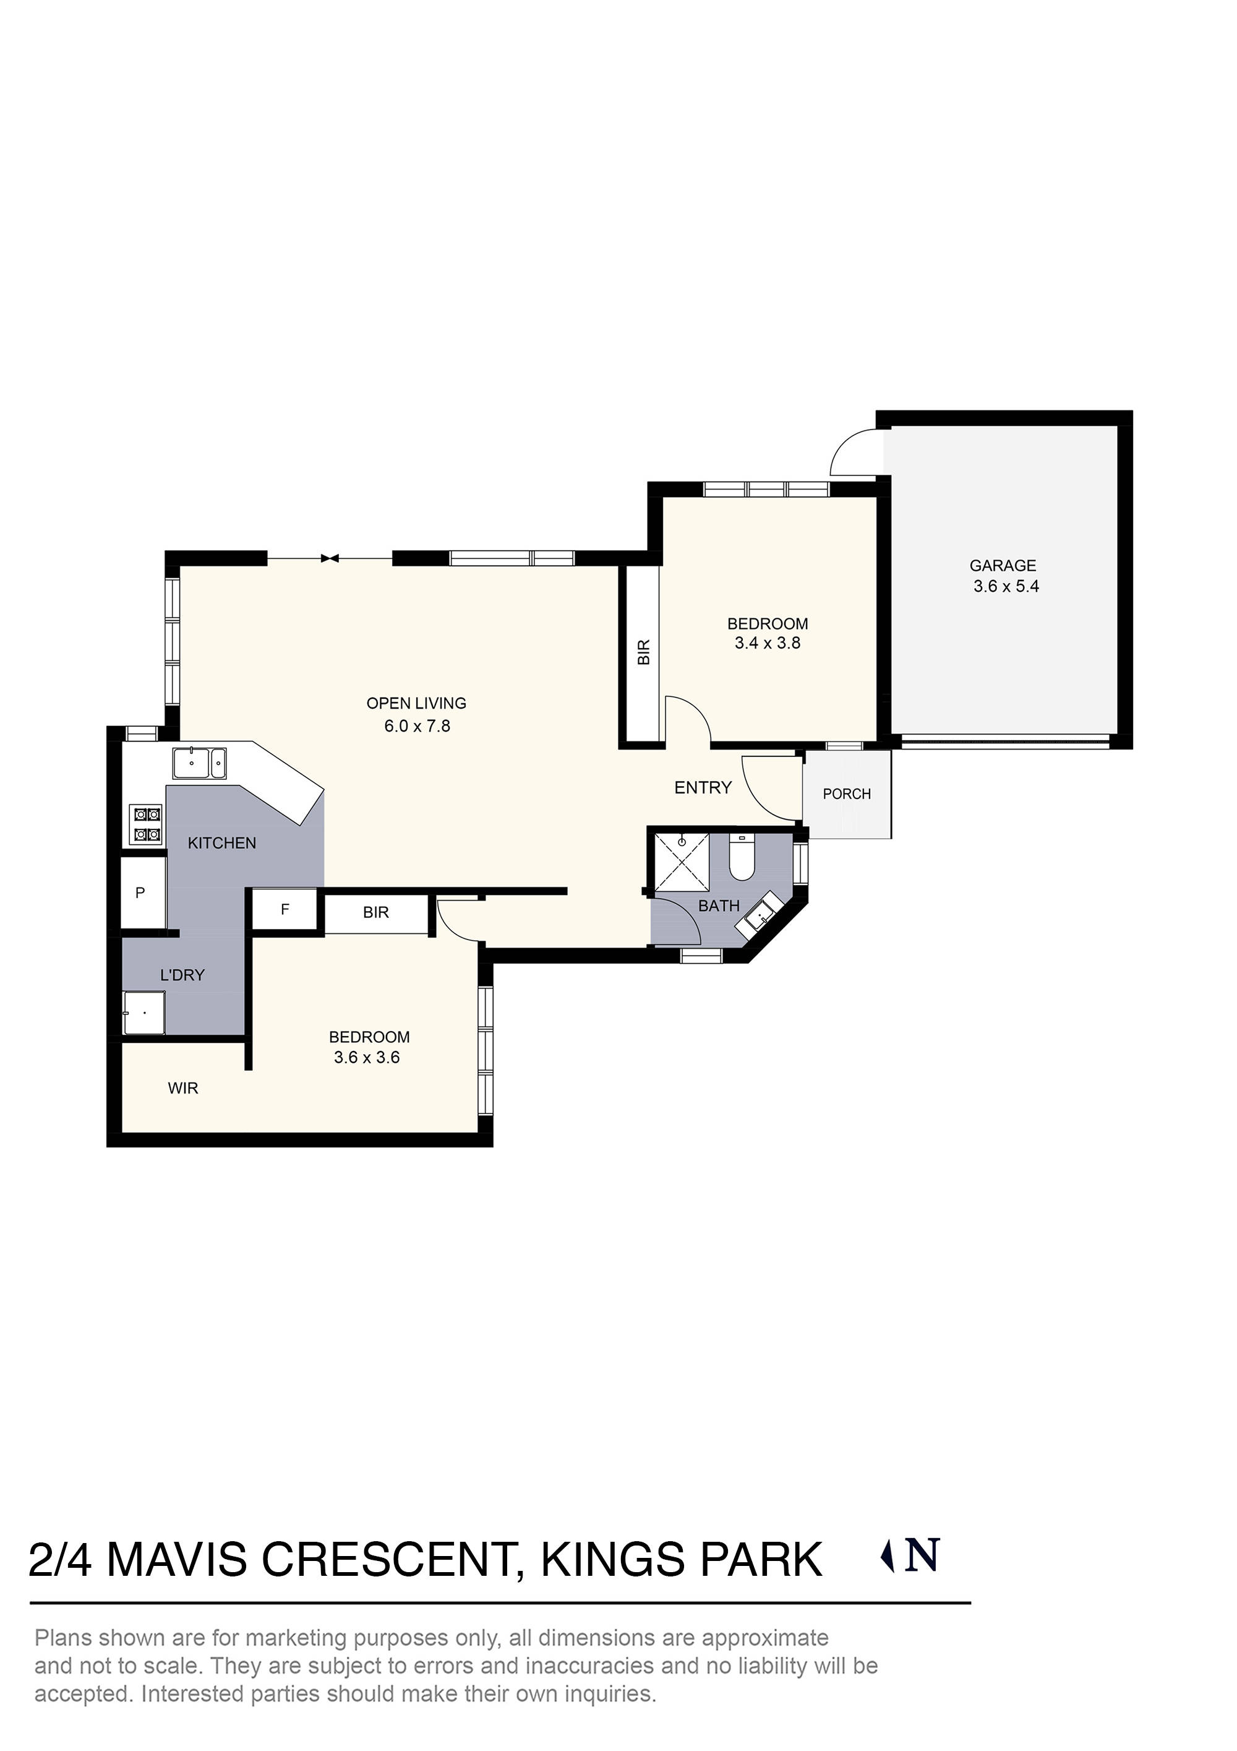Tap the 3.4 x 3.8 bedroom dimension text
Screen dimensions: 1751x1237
(x=767, y=643)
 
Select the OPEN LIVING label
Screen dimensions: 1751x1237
(x=416, y=703)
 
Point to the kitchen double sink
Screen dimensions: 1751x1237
(x=199, y=763)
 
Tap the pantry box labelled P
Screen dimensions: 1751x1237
(x=141, y=893)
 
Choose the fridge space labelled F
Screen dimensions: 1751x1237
(x=285, y=909)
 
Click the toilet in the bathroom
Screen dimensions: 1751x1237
(x=741, y=858)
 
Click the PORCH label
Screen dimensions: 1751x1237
(x=846, y=794)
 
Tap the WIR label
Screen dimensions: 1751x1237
(x=183, y=1088)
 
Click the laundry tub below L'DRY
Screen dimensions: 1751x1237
(x=144, y=1013)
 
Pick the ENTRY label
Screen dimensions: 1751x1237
(x=703, y=787)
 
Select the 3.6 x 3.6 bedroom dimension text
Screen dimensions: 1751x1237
(x=367, y=1057)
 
